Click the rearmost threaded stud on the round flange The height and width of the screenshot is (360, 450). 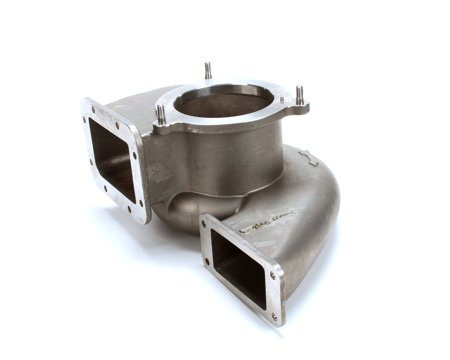208,70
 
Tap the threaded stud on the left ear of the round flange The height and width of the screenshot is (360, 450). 161,114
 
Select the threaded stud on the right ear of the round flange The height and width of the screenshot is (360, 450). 299,95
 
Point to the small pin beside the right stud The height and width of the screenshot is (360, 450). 282,100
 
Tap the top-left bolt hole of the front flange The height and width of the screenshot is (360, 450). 203,223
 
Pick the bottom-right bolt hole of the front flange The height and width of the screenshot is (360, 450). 274,316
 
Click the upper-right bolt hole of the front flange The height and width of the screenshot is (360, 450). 272,276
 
